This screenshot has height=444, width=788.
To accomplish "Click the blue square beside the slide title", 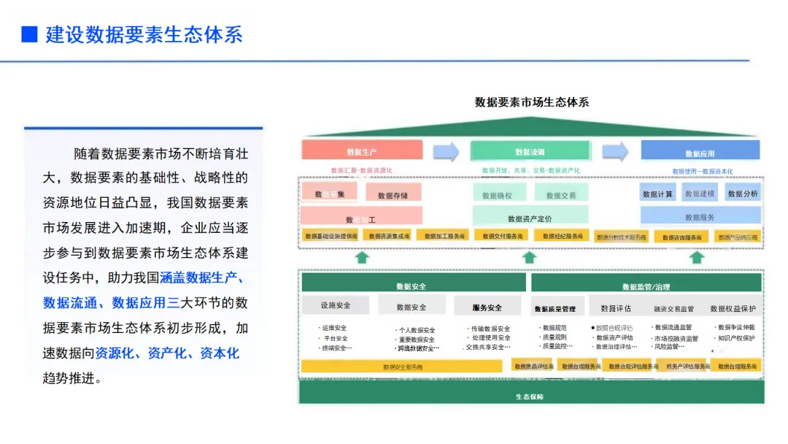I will (29, 34).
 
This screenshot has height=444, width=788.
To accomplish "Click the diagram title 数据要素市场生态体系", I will (531, 102).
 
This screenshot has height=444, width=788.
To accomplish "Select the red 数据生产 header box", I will (362, 151).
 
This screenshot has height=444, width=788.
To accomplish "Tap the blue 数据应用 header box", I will (700, 153).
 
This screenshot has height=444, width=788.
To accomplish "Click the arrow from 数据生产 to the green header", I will (446, 151).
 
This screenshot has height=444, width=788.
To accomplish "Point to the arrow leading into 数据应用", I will (615, 151).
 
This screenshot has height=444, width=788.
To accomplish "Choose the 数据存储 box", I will (393, 195).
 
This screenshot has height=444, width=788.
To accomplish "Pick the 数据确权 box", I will (498, 195).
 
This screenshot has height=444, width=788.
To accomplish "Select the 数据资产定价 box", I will (530, 218).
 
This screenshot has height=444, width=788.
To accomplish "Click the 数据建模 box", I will (700, 194).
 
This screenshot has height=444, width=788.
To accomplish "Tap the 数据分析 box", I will (743, 194).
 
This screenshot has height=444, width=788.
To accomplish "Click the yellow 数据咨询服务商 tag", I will (681, 237).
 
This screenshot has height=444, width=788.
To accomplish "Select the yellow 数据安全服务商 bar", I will (403, 367).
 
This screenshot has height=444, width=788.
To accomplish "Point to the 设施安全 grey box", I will (336, 305).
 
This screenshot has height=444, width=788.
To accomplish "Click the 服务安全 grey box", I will (487, 307).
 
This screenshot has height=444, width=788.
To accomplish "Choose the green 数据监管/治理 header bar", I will (646, 286).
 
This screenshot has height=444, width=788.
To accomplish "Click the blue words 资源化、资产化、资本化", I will (167, 353).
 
